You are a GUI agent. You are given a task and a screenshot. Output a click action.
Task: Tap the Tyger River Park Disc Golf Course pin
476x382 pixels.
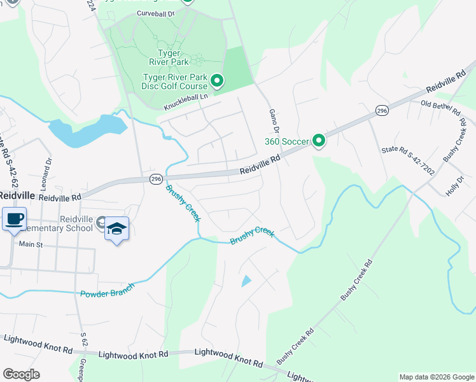coord(217,80)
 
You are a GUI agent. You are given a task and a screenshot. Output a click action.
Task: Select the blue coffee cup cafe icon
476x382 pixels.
coord(14,220)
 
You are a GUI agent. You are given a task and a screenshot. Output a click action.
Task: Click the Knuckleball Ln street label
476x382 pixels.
coord(186,101)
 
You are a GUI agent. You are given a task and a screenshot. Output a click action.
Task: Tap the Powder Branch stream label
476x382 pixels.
coord(107,292)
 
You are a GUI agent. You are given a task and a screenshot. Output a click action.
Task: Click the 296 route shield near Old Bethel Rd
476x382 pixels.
coord(381,110)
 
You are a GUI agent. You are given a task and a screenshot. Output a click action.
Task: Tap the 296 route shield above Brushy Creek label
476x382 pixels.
coord(157,180)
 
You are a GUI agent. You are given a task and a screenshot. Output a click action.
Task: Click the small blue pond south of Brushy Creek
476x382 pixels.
coord(246,281)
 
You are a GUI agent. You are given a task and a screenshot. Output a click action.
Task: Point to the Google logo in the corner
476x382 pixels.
coord(21,374)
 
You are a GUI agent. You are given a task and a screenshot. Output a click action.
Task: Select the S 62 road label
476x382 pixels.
coord(84,339)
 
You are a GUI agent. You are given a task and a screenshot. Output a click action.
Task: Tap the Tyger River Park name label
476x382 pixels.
coord(165,58)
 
